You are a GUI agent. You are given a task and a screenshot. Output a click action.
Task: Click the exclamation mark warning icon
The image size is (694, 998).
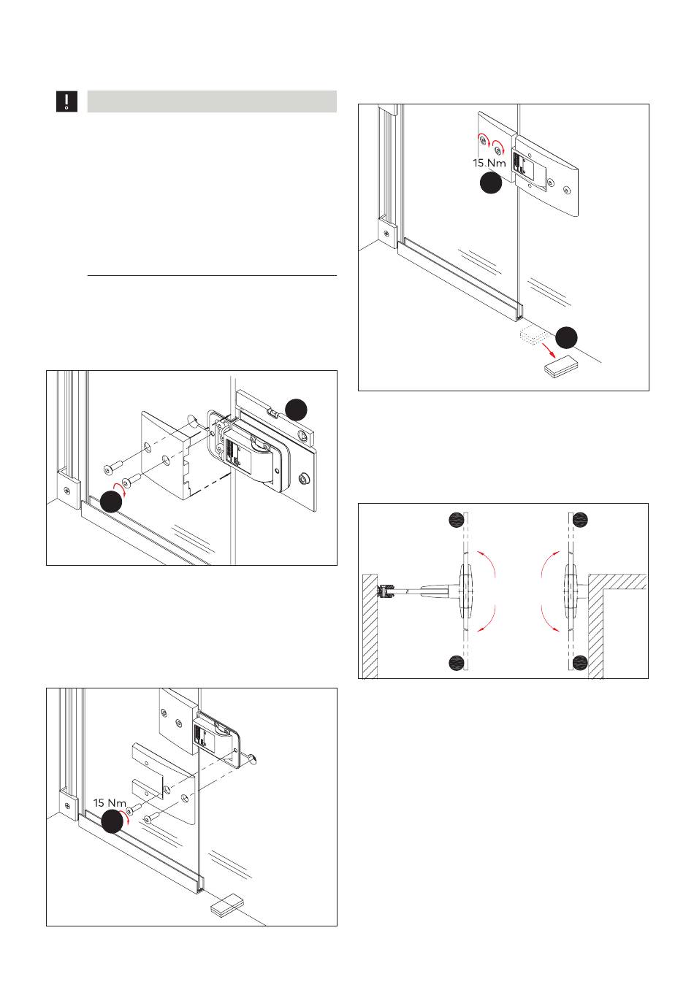[67, 101]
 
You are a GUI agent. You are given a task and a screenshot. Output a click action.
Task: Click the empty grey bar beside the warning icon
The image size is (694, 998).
[212, 101]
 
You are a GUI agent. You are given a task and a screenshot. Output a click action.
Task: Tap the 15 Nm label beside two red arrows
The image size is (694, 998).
[489, 163]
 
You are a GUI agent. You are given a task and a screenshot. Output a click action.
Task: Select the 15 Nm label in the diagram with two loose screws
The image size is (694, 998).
[110, 803]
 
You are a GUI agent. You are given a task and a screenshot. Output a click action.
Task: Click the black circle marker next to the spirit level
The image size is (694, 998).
[295, 410]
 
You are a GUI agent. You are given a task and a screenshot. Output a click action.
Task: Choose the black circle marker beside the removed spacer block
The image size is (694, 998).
[567, 337]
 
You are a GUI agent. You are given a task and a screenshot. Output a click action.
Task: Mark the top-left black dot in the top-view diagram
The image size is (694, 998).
[457, 520]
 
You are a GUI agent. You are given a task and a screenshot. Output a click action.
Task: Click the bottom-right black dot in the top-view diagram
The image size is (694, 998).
[581, 662]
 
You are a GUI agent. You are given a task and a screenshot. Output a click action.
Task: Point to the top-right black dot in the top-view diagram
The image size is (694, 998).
[581, 520]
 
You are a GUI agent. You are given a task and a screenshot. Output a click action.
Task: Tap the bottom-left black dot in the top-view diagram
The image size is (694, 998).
[457, 662]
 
